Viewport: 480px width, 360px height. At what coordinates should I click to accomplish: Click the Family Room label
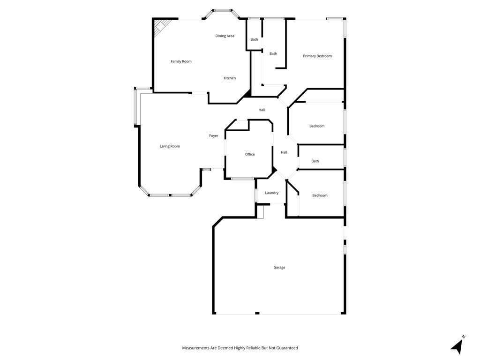181,61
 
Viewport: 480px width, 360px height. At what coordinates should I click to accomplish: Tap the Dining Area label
225,36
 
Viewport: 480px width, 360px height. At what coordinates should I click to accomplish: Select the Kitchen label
230,78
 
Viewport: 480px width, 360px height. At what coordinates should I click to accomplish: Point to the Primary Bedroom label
317,56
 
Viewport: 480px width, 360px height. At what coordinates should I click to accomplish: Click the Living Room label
170,146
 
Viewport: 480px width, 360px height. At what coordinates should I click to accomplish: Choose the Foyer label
214,135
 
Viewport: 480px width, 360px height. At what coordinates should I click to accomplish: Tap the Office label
250,154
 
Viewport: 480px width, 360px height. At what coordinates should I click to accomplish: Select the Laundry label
272,193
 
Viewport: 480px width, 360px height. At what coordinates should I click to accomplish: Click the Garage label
279,267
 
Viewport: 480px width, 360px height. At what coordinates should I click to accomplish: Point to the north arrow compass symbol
457,345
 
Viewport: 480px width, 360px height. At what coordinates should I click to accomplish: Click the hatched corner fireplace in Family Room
160,26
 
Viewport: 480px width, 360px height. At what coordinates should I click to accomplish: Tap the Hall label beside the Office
284,152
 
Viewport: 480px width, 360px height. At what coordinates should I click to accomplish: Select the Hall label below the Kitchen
262,110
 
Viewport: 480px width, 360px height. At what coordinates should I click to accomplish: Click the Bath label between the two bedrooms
315,161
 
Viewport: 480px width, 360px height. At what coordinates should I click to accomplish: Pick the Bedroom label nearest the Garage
320,195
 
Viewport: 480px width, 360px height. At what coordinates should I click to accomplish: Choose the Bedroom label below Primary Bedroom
317,126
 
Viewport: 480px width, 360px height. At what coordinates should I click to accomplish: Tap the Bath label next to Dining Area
255,39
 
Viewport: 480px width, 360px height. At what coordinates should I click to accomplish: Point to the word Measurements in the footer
195,348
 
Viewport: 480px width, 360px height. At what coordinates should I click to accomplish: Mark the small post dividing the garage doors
257,313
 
